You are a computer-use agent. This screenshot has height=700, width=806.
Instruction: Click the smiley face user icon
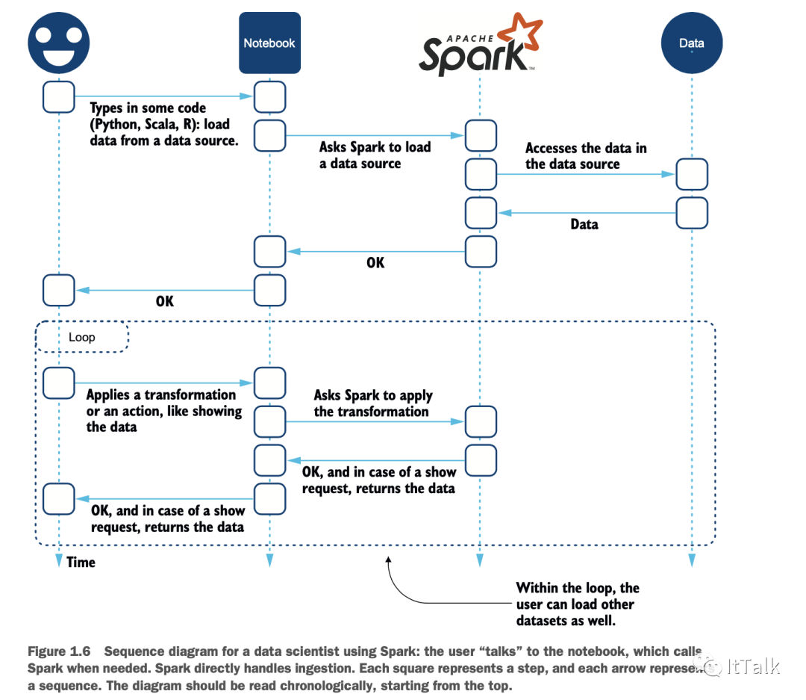(x=58, y=43)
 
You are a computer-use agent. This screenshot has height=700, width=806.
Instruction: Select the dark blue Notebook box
(x=269, y=43)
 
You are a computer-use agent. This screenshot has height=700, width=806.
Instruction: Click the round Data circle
(x=692, y=43)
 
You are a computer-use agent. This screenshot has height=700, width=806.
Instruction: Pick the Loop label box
(x=82, y=337)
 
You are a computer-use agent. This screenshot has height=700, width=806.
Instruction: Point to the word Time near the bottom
(x=81, y=563)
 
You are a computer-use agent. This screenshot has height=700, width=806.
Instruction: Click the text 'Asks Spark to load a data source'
(x=375, y=155)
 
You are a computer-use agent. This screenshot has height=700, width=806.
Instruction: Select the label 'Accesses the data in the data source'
(x=585, y=156)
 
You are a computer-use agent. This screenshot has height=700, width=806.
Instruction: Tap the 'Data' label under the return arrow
(x=584, y=224)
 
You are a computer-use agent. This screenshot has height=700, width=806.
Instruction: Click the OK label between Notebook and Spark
(x=375, y=263)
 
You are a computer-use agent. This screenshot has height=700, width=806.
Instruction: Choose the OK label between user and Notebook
(x=164, y=302)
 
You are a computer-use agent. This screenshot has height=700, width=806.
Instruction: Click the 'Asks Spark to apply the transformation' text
(x=372, y=403)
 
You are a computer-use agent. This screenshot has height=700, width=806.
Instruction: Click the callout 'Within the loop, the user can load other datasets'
(x=577, y=604)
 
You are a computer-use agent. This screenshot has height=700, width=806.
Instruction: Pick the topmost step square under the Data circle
(x=692, y=175)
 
